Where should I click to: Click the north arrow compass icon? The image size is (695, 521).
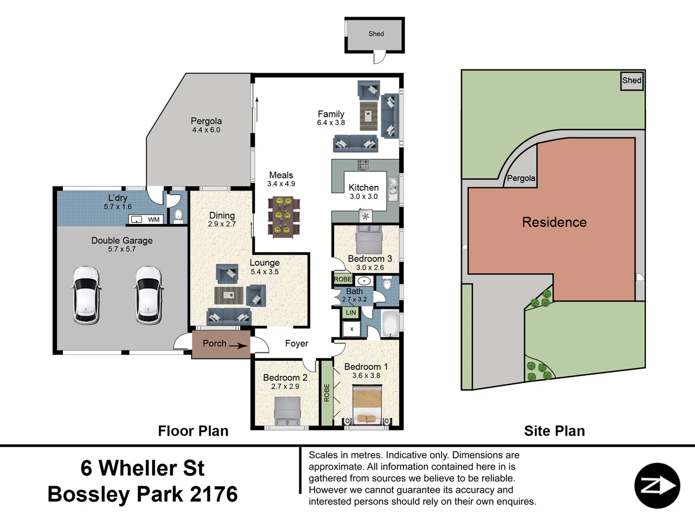(x=657, y=486)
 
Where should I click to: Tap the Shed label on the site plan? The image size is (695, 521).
(x=631, y=81)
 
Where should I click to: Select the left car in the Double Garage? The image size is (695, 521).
(x=86, y=295)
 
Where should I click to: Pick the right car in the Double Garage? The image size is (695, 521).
(x=148, y=295)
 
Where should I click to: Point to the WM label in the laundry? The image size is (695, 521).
(x=153, y=220)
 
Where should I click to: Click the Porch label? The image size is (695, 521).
(x=214, y=343)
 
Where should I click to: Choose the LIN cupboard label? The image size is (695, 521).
(x=351, y=313)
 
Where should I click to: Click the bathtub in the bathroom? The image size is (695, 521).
(x=389, y=324)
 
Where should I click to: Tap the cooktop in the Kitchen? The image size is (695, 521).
(x=363, y=165)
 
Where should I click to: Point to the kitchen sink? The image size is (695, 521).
(x=393, y=189)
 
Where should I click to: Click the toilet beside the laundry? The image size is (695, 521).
(x=178, y=215)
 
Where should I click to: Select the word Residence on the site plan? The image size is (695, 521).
(x=554, y=222)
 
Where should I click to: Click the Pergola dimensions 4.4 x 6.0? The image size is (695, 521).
(x=206, y=130)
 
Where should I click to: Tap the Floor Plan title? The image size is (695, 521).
(x=193, y=431)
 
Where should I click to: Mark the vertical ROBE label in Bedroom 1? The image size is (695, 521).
(x=327, y=393)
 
